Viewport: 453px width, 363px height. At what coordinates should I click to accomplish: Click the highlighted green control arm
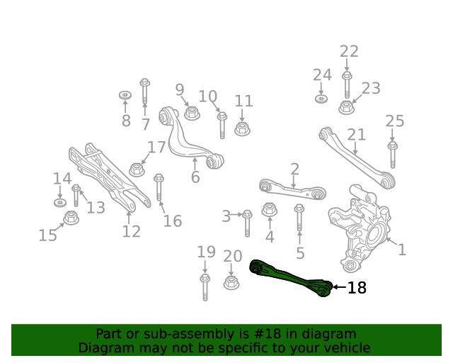pyautogui.click(x=290, y=277)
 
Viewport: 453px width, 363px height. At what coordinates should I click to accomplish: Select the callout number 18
pyautogui.click(x=357, y=288)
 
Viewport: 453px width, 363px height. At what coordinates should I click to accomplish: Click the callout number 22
pyautogui.click(x=349, y=52)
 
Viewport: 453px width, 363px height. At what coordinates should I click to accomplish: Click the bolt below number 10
pyautogui.click(x=222, y=125)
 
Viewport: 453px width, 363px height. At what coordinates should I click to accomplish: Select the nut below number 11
pyautogui.click(x=241, y=129)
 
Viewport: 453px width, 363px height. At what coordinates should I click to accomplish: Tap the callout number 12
pyautogui.click(x=131, y=231)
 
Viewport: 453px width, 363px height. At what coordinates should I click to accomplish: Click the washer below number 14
pyautogui.click(x=59, y=203)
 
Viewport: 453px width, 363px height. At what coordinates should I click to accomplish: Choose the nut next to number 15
pyautogui.click(x=71, y=218)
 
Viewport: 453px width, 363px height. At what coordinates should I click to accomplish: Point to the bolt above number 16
pyautogui.click(x=159, y=186)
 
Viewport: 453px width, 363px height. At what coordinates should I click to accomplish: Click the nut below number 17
pyautogui.click(x=137, y=170)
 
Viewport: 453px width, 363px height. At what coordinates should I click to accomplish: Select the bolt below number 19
pyautogui.click(x=205, y=286)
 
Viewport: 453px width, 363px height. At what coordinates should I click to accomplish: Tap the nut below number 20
pyautogui.click(x=231, y=283)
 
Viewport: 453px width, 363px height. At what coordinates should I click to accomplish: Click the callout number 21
pyautogui.click(x=356, y=135)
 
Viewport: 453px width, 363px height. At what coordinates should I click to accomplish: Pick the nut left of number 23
pyautogui.click(x=346, y=108)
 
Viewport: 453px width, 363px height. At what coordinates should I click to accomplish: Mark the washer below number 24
pyautogui.click(x=321, y=98)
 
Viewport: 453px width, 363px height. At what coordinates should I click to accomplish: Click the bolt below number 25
pyautogui.click(x=393, y=156)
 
